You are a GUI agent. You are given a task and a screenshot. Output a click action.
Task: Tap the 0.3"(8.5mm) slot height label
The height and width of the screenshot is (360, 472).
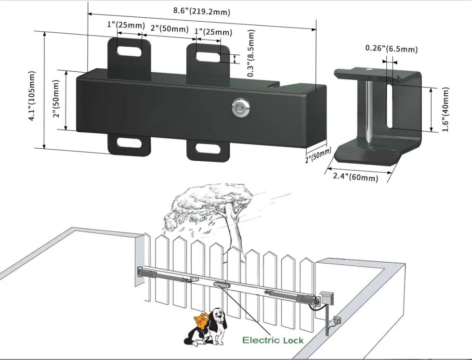click(251, 53)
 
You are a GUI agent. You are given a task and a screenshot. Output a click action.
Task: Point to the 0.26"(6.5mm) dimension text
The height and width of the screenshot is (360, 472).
click(391, 49)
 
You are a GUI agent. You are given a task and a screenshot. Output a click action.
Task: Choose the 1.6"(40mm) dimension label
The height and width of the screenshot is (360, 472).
click(446, 110)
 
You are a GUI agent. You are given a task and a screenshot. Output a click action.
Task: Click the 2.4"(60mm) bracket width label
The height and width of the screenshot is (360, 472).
click(355, 177)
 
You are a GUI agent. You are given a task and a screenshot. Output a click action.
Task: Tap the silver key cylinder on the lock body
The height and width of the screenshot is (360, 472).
click(238, 107)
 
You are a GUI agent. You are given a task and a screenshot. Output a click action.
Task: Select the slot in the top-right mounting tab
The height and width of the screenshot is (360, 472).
click(208, 55)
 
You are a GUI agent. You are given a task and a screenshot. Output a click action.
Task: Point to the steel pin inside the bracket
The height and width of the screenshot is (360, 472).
click(368, 108)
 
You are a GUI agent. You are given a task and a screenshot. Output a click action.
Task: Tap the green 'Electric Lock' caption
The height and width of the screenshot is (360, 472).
click(273, 340)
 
